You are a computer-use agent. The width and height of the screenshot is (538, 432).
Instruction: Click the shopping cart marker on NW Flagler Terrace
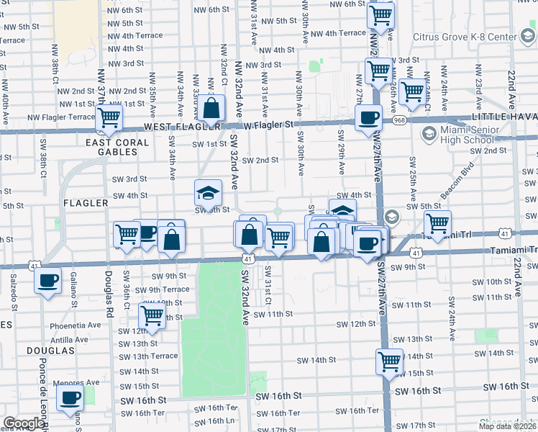[110, 117]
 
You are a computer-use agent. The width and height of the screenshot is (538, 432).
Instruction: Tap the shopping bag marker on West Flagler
[211, 109]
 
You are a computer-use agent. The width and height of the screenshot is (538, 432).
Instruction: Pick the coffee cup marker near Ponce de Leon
[48, 280]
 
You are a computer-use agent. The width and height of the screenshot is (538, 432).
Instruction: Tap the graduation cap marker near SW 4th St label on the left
[208, 192]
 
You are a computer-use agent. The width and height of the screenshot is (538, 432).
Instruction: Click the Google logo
[23, 423]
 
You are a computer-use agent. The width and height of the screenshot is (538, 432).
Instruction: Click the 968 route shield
[400, 120]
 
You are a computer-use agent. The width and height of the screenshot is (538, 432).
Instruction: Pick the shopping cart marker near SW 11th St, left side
[152, 315]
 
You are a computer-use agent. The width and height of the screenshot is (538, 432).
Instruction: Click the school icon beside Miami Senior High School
[429, 133]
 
